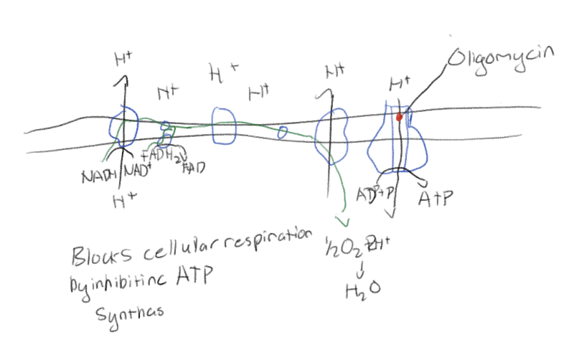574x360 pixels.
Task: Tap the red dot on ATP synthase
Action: point(400,116)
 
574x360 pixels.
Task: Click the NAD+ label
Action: point(137,171)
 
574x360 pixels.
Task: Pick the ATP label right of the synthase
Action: point(437,199)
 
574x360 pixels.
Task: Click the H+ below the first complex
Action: point(123,202)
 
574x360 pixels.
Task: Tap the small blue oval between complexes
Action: point(283,131)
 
